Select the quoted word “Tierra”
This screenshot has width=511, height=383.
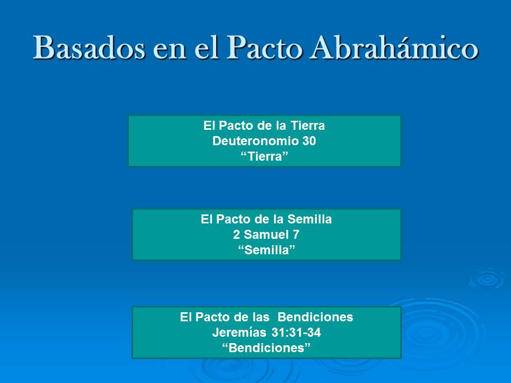tap(264, 156)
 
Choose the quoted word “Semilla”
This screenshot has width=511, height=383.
tap(266, 250)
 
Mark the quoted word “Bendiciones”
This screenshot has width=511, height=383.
tap(266, 348)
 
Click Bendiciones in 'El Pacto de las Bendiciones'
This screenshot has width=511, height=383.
tap(316, 318)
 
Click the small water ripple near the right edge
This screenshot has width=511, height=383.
tap(486, 278)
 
